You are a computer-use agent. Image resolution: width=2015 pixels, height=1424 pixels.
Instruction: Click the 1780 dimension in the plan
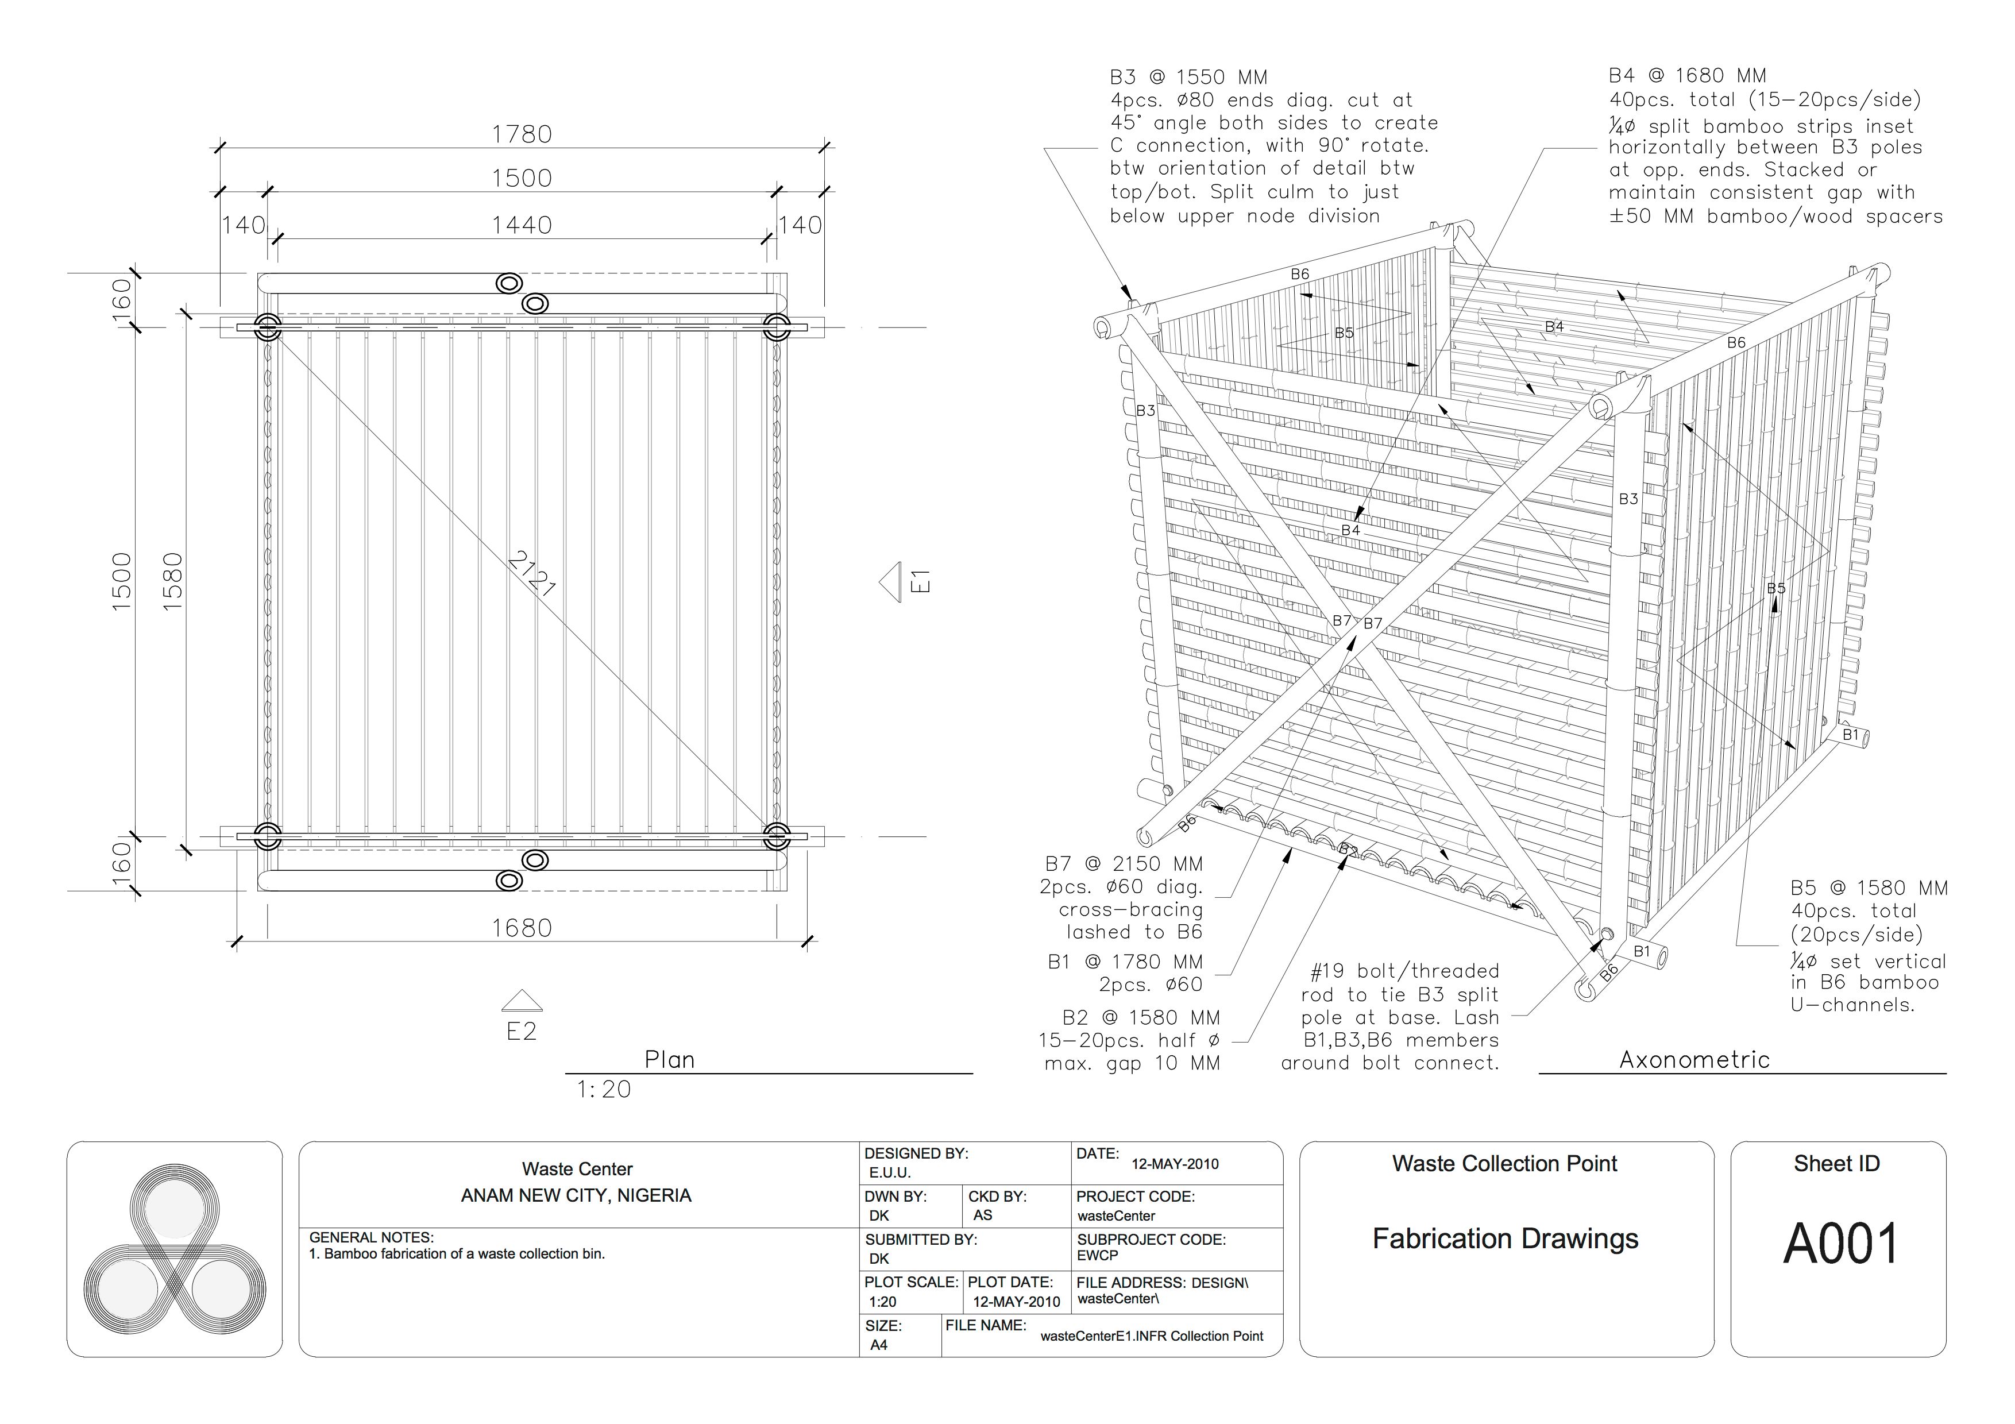point(522,134)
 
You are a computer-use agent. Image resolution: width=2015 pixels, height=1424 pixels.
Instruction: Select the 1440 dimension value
point(522,226)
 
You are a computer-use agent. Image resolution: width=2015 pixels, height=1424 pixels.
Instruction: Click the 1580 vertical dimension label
point(173,581)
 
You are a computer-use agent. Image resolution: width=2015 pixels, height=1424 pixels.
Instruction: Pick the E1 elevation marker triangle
point(891,582)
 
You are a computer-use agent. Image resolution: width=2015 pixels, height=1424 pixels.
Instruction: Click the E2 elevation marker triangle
point(522,1001)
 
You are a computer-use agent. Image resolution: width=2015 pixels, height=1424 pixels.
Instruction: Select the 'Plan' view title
point(670,1060)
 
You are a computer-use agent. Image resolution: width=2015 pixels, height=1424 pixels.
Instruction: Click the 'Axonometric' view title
point(1694,1060)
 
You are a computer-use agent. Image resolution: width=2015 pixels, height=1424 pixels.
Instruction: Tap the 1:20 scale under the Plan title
point(604,1090)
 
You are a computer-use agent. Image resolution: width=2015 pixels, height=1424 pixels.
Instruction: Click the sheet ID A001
point(1840,1244)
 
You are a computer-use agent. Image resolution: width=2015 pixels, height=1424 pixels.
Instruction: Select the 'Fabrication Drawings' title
point(1505,1239)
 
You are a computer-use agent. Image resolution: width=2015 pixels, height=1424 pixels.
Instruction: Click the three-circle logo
point(175,1251)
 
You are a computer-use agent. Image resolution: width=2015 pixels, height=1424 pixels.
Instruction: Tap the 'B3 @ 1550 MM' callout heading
point(1188,77)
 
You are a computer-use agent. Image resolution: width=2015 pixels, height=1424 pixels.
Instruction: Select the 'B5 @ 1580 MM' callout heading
point(1869,889)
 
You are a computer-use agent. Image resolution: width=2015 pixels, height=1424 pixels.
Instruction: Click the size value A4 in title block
point(878,1345)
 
